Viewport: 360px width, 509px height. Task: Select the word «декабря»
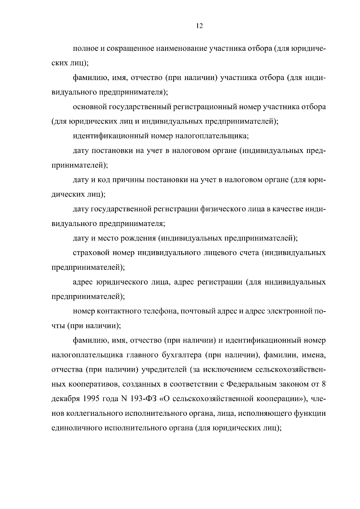65,399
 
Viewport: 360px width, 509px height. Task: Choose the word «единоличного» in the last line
77,428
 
